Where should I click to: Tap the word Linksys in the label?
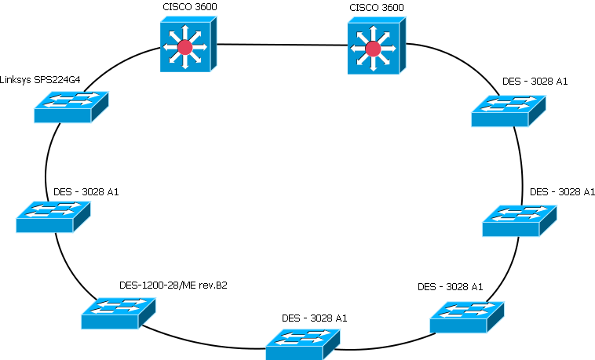coord(16,79)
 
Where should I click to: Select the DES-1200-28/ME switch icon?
coord(116,312)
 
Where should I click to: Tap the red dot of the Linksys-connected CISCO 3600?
coord(184,48)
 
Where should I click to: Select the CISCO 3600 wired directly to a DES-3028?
coord(374,48)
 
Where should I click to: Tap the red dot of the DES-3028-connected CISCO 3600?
coord(373,49)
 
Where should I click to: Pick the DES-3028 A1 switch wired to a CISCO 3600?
coord(508,110)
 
